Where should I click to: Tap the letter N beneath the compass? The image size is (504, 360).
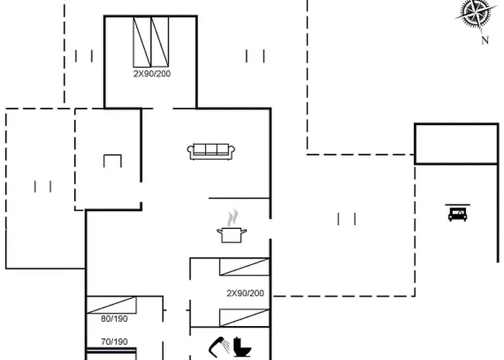point(485,41)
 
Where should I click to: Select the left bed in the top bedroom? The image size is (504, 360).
point(141,42)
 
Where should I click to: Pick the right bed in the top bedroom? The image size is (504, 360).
point(160,42)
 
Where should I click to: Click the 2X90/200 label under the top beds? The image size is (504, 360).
point(152,73)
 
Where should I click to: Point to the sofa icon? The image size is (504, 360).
point(212,150)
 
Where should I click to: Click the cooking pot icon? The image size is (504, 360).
point(232,234)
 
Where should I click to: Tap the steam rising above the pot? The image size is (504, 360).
point(231,217)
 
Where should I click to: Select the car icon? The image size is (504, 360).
point(456,213)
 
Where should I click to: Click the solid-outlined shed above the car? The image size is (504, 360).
point(456,144)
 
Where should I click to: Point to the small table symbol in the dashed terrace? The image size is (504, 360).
point(112,161)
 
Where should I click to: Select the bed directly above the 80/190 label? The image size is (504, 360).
point(112,304)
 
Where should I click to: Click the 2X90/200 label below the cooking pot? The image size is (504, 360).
point(246,293)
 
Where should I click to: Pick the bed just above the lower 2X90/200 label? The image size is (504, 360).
point(245,267)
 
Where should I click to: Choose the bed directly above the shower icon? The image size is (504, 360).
point(245,317)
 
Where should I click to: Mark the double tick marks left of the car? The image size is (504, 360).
point(347,218)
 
